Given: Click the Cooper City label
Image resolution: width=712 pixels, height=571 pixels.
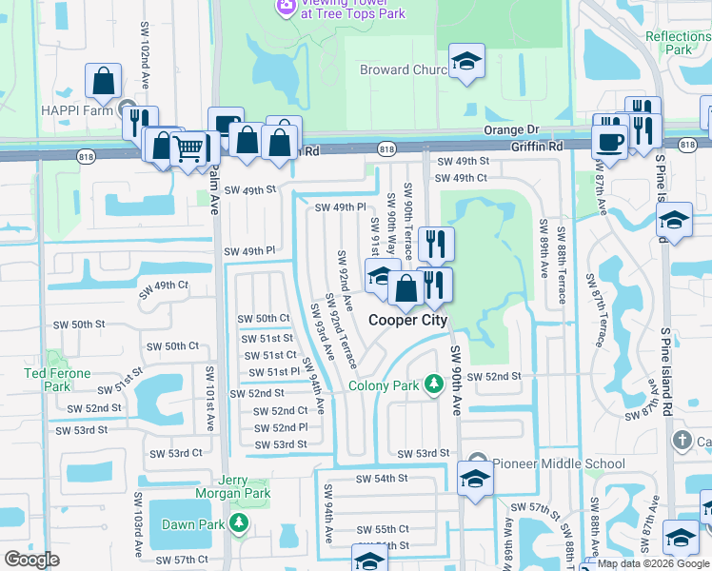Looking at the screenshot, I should (x=407, y=321).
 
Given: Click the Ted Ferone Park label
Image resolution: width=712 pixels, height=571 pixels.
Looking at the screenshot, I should (x=58, y=380).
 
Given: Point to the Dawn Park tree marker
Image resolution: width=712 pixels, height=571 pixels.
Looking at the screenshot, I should (x=240, y=524).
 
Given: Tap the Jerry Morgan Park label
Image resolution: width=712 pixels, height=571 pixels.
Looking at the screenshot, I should (x=232, y=486).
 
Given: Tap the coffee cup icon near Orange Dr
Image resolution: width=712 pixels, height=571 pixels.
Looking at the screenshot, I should (x=609, y=142).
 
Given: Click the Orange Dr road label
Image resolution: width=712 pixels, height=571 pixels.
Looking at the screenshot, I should (x=511, y=129).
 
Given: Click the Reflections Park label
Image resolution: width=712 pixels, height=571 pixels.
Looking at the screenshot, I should (x=678, y=43).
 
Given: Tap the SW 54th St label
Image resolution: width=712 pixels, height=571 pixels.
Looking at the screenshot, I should (x=382, y=478).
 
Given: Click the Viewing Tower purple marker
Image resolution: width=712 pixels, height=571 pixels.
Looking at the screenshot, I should (x=285, y=8).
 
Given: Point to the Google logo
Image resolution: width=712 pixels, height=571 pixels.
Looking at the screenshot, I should (x=32, y=559).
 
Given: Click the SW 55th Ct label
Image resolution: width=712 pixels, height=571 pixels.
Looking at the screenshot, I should (x=383, y=529).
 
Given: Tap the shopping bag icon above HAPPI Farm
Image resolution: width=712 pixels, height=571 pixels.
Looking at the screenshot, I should (x=103, y=82).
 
